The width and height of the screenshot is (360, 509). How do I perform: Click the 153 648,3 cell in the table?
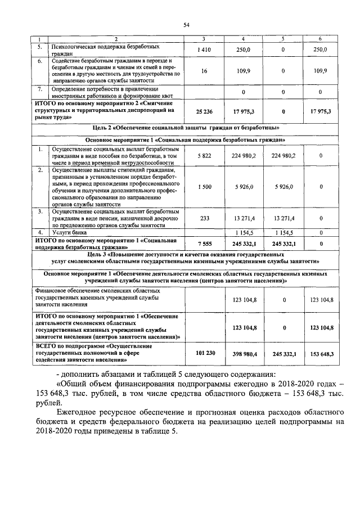pos(321,354)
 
